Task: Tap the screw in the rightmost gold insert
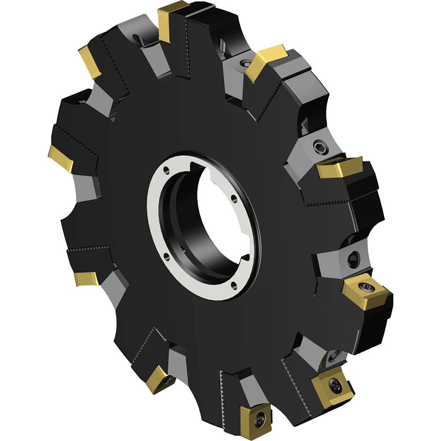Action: (x=366, y=289)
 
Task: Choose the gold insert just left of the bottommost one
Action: (x=159, y=379)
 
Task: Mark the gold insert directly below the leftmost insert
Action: (x=86, y=278)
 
